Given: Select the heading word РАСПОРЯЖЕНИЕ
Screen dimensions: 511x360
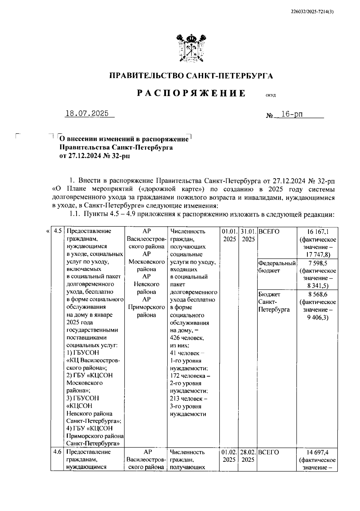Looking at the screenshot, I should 191,93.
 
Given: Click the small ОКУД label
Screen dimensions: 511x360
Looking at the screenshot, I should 270,95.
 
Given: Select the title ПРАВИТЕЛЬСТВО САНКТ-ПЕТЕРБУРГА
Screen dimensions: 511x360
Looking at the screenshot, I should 191,76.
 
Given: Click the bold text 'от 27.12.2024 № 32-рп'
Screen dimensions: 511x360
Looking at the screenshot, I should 95,156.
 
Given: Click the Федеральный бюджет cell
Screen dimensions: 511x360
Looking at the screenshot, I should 277,267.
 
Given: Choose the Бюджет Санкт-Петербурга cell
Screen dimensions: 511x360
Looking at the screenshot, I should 274,302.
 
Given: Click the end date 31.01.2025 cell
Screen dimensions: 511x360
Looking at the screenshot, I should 248,235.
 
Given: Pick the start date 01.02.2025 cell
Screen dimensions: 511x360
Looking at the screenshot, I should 229,456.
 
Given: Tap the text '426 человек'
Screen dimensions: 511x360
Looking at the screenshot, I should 187,338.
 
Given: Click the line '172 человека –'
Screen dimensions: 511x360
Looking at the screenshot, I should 190,376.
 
